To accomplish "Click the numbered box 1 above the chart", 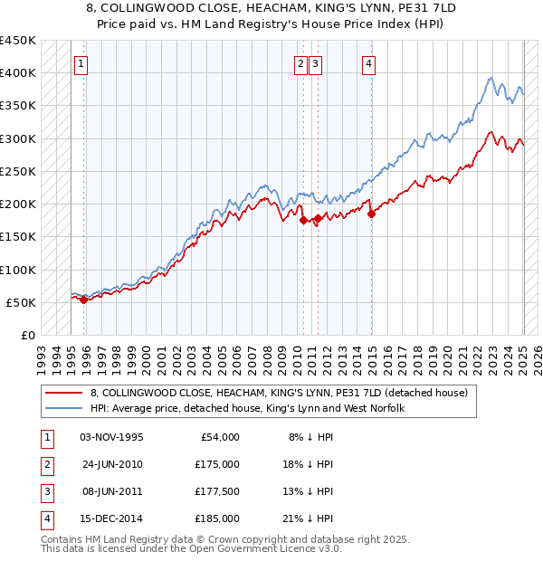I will click(81, 63).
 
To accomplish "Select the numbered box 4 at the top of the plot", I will click(369, 63).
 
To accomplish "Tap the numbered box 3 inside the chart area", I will click(315, 63).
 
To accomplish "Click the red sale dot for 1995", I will click(84, 300).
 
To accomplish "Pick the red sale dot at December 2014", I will click(371, 214).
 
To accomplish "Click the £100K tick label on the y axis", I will click(18, 270).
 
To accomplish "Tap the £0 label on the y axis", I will click(28, 336).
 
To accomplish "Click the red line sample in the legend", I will click(64, 393).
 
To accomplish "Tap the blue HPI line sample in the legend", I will click(64, 408).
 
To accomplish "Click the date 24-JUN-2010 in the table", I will click(112, 463).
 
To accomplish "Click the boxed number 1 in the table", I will click(46, 436).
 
